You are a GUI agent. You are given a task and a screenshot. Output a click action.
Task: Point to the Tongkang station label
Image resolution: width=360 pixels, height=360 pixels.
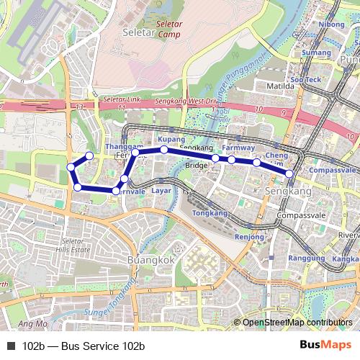(x=210, y=214)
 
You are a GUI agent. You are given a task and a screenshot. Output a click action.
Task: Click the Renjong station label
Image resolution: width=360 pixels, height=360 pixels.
(x=250, y=237)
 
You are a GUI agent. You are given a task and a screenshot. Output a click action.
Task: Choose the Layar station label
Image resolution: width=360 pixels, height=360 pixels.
(x=162, y=191)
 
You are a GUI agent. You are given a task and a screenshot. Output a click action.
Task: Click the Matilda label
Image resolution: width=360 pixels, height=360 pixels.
(x=281, y=85)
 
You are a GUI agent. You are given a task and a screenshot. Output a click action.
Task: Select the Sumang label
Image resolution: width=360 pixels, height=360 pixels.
(x=316, y=53)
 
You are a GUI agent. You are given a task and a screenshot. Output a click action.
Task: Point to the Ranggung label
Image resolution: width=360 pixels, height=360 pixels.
(x=306, y=258)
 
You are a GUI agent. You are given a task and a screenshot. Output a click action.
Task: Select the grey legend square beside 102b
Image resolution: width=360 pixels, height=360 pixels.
(x=11, y=346)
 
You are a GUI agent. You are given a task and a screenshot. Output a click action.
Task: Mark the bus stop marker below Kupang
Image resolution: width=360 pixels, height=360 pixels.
(x=164, y=150)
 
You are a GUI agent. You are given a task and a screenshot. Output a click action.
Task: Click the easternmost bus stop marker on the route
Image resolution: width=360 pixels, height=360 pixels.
(x=289, y=174)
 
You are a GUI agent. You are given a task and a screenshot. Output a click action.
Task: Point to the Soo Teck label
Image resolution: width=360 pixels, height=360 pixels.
(x=305, y=79)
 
